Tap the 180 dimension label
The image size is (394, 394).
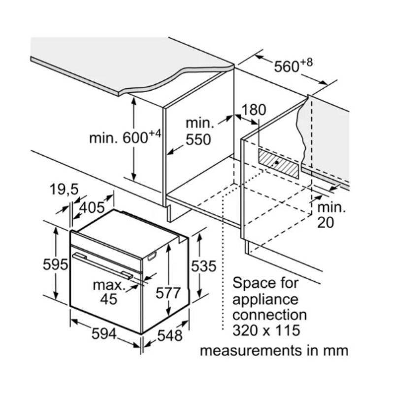click(254, 109)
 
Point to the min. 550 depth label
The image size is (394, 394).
click(198, 131)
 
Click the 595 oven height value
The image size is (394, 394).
click(55, 264)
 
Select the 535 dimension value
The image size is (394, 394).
click(203, 266)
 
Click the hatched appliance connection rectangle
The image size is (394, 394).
click(279, 163)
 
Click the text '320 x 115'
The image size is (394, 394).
click(266, 329)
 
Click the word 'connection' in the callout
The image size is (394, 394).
click(269, 314)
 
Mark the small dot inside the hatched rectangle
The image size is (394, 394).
click(277, 161)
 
